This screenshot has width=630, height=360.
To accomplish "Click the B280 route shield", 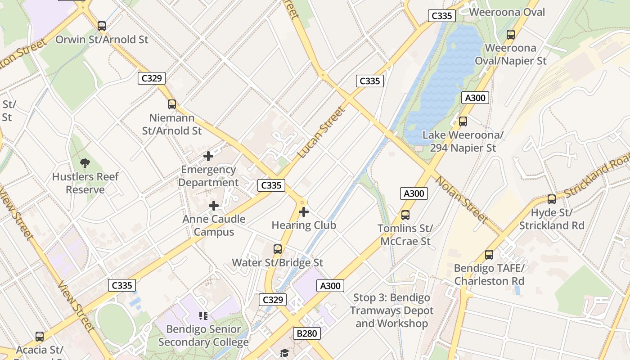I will click(x=307, y=333).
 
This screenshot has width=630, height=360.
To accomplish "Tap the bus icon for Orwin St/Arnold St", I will click(x=102, y=26).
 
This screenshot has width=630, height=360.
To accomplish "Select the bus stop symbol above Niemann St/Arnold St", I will click(x=172, y=104).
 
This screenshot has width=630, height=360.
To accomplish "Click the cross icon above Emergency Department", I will click(x=208, y=156).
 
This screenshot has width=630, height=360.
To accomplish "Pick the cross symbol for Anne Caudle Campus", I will click(x=214, y=206).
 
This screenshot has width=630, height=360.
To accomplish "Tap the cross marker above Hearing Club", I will click(x=304, y=211).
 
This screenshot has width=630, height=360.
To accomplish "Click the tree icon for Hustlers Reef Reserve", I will click(x=85, y=163).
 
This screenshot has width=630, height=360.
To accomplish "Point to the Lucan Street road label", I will click(x=321, y=132).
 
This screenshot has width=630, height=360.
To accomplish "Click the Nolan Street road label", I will click(x=462, y=199).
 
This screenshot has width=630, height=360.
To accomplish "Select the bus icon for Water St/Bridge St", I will click(x=278, y=249).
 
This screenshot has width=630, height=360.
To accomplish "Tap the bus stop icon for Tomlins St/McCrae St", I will click(x=405, y=215).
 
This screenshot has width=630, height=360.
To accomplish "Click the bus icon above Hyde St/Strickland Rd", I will click(x=552, y=199).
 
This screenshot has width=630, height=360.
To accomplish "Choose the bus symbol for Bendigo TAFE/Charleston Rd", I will click(x=489, y=255).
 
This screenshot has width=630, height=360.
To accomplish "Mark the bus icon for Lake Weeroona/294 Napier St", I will click(x=463, y=121).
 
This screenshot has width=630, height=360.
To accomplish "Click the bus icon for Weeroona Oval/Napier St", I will click(x=511, y=34).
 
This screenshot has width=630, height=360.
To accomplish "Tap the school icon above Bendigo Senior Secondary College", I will click(x=203, y=316).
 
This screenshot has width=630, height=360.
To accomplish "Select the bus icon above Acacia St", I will click(x=40, y=336).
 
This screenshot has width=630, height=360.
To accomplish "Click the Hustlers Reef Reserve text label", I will click(x=85, y=183).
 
